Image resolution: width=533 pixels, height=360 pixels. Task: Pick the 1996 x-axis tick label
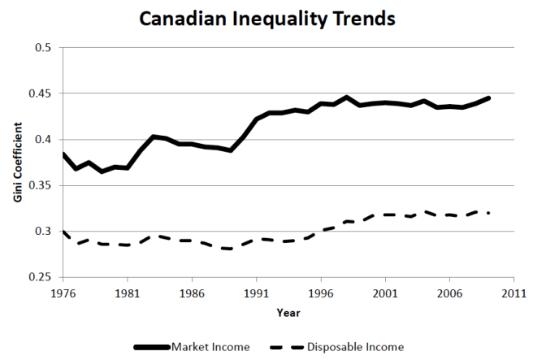[x=321, y=291]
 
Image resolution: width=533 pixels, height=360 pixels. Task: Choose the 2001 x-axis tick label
[x=385, y=291]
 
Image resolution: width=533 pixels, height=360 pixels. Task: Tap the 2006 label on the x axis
[x=449, y=291]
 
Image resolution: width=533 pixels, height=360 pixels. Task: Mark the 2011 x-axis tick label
[x=513, y=291]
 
